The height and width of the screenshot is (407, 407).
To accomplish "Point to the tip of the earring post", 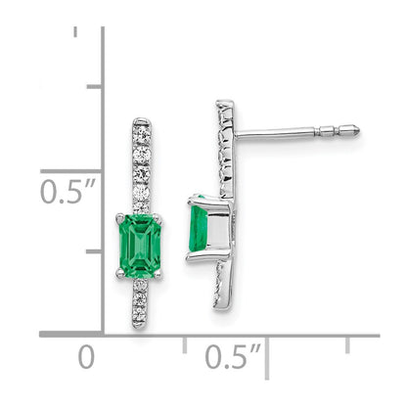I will pos(358,128).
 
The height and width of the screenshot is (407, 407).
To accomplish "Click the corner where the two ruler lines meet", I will pos(105,335).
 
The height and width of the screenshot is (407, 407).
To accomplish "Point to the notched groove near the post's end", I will pos(338,128).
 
